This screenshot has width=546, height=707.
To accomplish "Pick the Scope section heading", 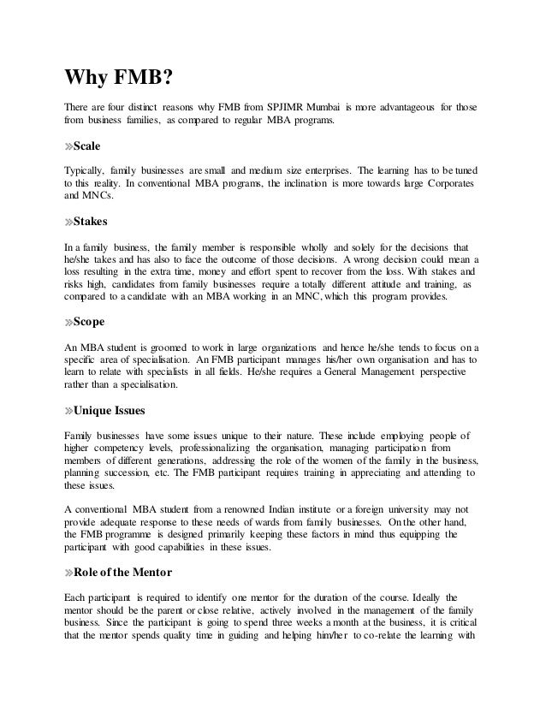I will click(90, 325).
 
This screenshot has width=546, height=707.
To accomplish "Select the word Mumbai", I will click(326, 107).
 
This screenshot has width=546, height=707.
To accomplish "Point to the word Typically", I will click(86, 169).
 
